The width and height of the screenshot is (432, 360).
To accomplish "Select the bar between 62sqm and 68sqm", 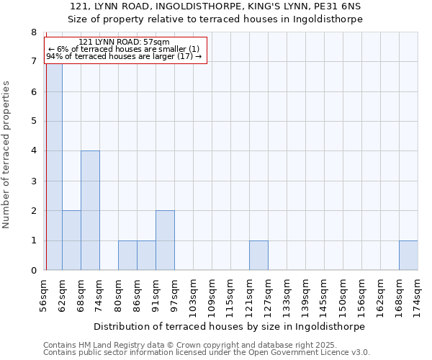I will click(71, 240).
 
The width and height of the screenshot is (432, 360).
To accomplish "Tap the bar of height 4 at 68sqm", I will click(90, 210).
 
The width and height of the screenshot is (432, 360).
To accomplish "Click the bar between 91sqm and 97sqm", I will click(165, 240).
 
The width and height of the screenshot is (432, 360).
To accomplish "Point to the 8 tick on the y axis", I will click(33, 32).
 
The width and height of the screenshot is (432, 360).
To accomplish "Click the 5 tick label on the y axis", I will click(33, 121).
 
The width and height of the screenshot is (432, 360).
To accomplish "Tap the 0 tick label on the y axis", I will click(33, 270).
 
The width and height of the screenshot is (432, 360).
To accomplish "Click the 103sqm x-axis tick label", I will click(193, 294).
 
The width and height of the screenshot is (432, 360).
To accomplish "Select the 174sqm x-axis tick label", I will click(418, 294).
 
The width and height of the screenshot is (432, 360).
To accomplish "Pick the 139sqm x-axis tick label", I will click(305, 294).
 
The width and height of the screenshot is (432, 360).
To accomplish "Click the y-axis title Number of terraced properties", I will click(6, 155).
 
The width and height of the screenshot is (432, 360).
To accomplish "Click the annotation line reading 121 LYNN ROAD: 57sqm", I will click(125, 42).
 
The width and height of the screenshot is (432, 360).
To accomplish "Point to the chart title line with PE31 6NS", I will click(216, 6).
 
